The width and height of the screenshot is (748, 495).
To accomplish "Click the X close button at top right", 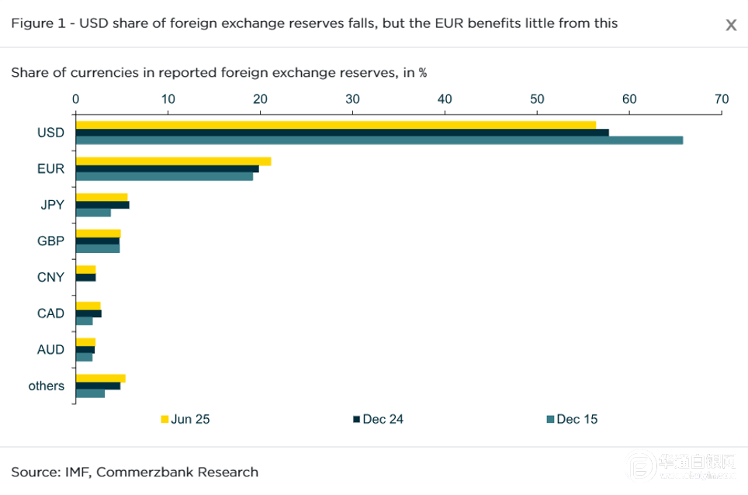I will click(731, 25).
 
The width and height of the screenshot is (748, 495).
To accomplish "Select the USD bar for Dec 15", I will click(379, 140).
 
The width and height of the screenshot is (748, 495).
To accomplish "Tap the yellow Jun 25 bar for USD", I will click(335, 125).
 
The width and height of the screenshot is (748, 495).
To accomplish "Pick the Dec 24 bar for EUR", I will click(167, 168).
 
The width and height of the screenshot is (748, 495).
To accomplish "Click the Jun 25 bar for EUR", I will click(173, 161).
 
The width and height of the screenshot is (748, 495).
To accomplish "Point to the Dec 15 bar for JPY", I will click(93, 213).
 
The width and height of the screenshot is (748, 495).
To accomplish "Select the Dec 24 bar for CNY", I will click(85, 277).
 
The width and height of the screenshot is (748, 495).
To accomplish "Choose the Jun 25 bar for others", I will click(100, 379).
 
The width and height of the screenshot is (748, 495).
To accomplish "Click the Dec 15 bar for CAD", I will click(84, 321).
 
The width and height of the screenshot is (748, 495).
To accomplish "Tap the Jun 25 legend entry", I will click(185, 420).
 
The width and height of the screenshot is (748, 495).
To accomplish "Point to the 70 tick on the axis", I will click(722, 99).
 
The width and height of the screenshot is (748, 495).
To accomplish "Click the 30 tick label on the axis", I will click(352, 99).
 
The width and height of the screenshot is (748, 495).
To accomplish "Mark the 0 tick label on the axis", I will click(75, 99).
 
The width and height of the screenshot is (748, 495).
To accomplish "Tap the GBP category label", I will click(50, 241).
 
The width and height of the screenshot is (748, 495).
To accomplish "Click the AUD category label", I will click(50, 350).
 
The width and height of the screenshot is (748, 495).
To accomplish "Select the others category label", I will click(47, 386).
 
